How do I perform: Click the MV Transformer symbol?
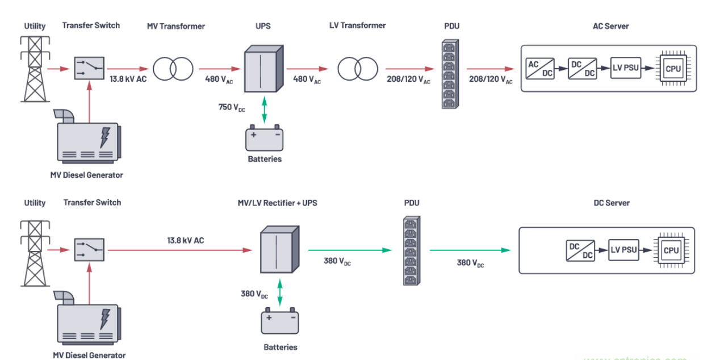coord(173,69)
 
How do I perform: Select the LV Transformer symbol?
coord(357,69)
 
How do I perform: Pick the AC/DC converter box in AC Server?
coord(540,68)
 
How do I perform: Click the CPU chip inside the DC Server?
coord(671,250)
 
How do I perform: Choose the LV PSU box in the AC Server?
coord(625,68)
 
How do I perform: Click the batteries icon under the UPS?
coord(264,138)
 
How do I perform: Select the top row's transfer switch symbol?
coord(89,68)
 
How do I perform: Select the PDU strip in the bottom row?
coord(410,250)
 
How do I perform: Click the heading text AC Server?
coord(610,26)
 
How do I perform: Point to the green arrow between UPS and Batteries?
coord(264,111)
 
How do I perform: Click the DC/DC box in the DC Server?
coord(581,250)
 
